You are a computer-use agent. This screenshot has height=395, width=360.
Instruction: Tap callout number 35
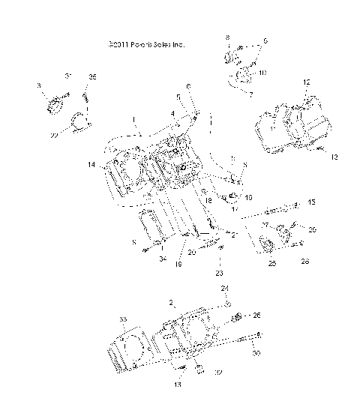pyautogui.click(x=93, y=76)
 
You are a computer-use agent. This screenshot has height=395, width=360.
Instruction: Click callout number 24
pyautogui.click(x=222, y=289)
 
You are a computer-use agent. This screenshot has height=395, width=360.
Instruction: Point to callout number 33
pyautogui.click(x=123, y=319)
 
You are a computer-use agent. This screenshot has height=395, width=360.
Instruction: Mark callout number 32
pyautogui.click(x=218, y=371)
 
